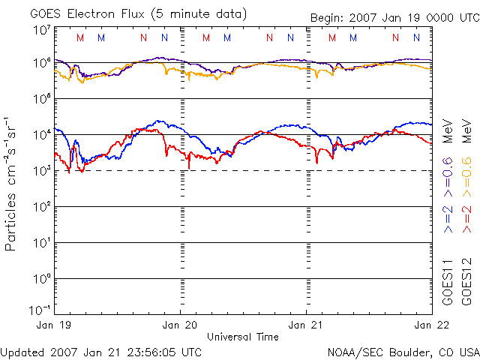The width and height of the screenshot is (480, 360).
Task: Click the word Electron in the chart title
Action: [x=102, y=14]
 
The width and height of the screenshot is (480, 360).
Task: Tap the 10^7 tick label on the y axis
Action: [x=42, y=30]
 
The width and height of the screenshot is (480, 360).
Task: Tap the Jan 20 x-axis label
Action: [x=180, y=325]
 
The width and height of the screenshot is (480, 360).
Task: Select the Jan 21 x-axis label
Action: [x=306, y=325]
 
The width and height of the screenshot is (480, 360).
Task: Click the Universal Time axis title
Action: [x=243, y=337]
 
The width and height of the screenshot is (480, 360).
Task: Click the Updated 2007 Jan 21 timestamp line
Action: [x=101, y=351]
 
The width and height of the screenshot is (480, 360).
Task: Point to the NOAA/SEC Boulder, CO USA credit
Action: [x=403, y=351]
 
